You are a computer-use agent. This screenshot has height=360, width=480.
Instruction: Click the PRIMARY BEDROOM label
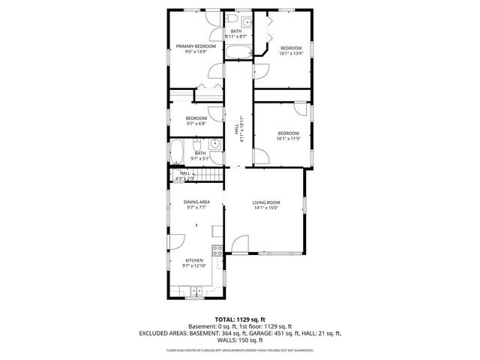[x=196, y=46]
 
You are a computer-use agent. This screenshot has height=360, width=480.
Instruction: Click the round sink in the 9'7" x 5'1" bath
[x=214, y=142]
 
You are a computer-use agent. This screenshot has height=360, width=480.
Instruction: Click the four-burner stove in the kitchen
[x=217, y=251]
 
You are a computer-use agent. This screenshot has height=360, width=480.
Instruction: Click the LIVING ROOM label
[x=265, y=202]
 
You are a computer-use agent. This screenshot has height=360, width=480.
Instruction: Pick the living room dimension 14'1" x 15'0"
[x=265, y=208]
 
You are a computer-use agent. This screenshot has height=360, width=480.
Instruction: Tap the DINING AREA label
[x=196, y=202]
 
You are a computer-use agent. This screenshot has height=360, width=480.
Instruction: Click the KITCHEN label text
[x=193, y=260]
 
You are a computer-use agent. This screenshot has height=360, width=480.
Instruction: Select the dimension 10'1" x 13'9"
[x=291, y=52]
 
